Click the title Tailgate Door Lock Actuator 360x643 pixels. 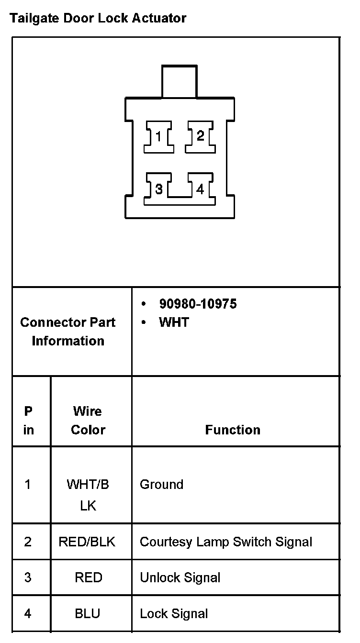click(x=98, y=19)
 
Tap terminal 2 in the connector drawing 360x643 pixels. click(x=200, y=136)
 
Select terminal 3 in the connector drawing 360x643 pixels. click(x=159, y=189)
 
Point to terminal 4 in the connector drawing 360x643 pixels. click(x=200, y=189)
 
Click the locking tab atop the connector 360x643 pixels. click(x=179, y=82)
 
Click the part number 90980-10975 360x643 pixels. click(x=198, y=304)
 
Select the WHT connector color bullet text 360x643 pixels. click(x=174, y=322)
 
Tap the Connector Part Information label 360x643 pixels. click(x=68, y=332)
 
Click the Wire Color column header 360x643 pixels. click(x=88, y=421)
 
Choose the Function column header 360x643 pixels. click(x=233, y=430)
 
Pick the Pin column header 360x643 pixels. click(x=29, y=421)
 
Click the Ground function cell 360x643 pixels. click(x=161, y=485)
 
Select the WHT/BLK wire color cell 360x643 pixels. click(x=88, y=495)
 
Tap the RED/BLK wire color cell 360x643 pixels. click(x=87, y=542)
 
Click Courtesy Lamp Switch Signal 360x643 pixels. click(x=225, y=542)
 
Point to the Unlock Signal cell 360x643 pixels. click(x=180, y=577)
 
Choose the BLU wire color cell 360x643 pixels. click(x=88, y=613)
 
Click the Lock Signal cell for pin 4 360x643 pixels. click(x=174, y=613)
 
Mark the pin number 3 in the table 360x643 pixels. click(x=28, y=577)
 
